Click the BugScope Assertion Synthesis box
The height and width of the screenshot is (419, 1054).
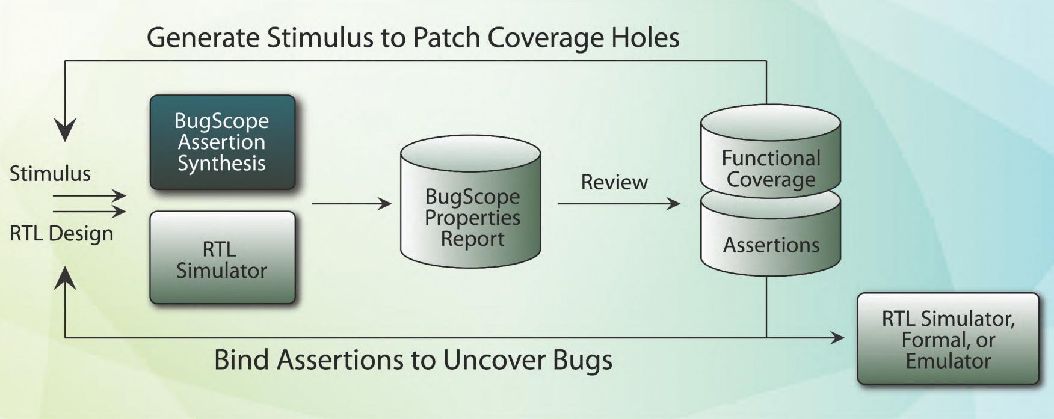point(223,142)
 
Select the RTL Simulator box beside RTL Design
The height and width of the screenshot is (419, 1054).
point(223,257)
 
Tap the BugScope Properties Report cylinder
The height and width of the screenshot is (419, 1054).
point(470,201)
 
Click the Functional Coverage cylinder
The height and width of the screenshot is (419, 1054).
point(771,150)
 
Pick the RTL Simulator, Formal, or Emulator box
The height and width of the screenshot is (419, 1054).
point(948,338)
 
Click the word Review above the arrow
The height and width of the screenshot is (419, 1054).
point(614,182)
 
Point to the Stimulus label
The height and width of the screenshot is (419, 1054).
point(50,174)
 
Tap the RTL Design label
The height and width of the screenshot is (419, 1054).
point(61,233)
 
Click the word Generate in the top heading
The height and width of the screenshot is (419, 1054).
point(203,37)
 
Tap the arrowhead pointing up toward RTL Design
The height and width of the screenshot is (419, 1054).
point(65,278)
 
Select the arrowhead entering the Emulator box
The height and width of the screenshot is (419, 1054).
point(837,338)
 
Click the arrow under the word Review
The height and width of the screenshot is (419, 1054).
point(619,204)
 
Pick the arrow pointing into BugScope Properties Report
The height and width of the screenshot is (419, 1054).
point(352,204)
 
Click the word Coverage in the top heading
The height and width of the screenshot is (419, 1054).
point(546,38)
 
